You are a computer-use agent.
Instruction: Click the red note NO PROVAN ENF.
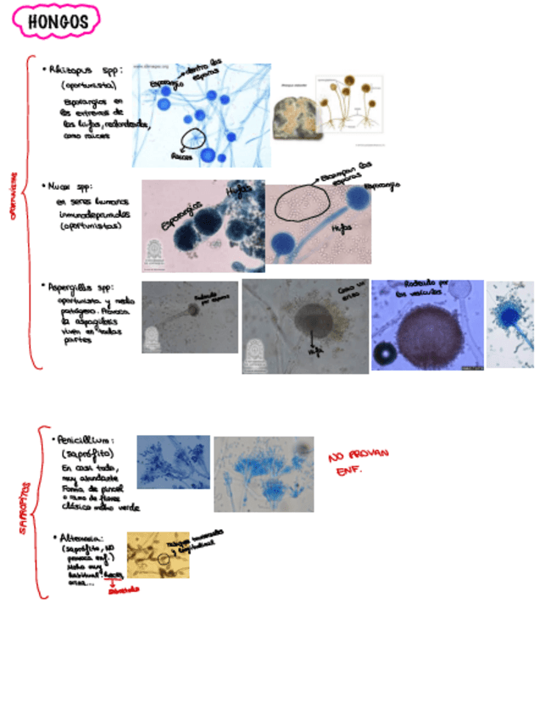358,462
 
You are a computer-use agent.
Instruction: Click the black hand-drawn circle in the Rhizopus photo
194,138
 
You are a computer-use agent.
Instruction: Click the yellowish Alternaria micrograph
158,555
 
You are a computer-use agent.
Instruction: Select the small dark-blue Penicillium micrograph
173,462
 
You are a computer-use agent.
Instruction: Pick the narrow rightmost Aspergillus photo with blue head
510,325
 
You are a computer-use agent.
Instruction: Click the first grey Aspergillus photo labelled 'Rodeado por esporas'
189,316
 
